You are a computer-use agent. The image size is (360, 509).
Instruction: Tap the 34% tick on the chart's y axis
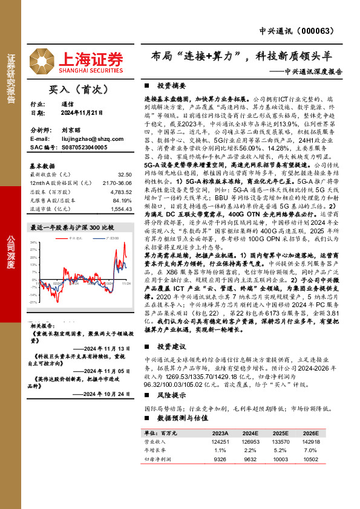[33, 242]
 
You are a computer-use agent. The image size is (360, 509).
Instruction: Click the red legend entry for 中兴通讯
[71, 239]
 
